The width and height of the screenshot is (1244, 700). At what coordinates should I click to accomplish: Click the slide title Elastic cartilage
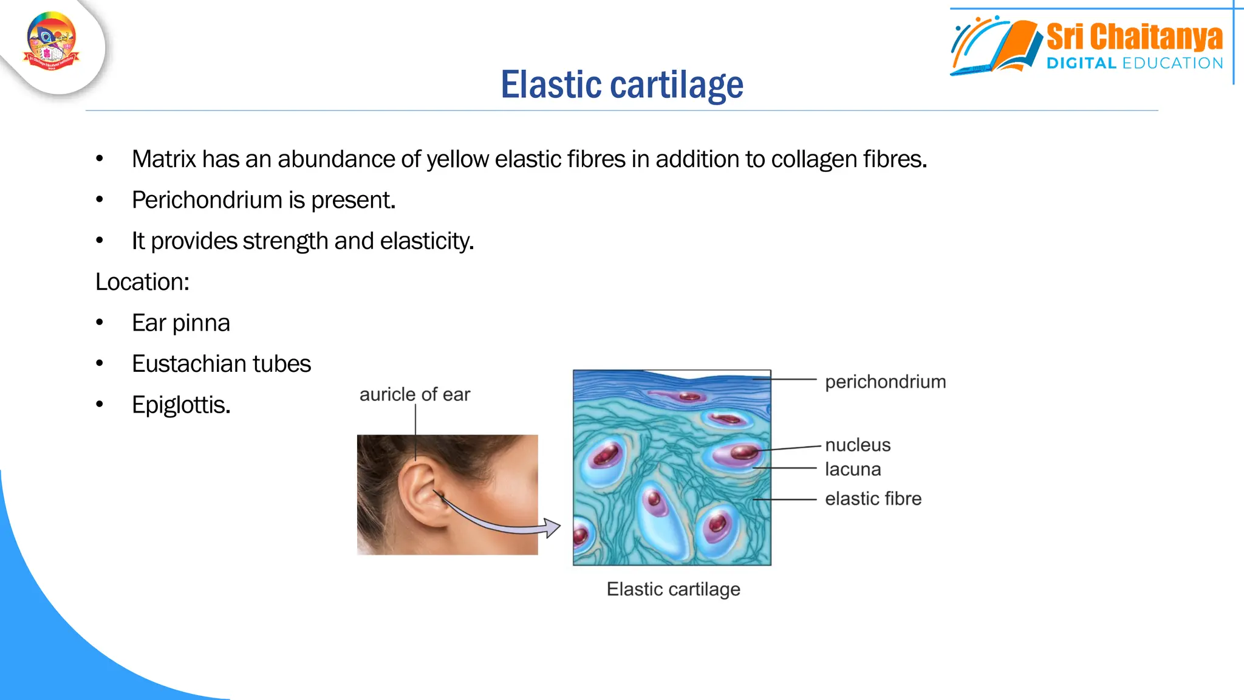pyautogui.click(x=621, y=84)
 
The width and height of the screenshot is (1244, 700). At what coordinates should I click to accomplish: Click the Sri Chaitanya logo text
pyautogui.click(x=1134, y=38)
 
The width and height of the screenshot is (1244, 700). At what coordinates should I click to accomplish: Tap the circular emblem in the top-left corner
pyautogui.click(x=52, y=41)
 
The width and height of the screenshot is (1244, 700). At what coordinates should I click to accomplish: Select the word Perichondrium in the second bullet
pyautogui.click(x=207, y=200)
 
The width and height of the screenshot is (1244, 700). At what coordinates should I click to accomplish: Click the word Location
pyautogui.click(x=142, y=282)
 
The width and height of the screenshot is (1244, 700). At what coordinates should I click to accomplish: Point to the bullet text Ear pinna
pyautogui.click(x=181, y=323)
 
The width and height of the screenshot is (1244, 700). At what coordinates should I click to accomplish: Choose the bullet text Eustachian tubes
pyautogui.click(x=221, y=364)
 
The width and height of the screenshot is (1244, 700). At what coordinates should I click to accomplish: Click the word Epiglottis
pyautogui.click(x=181, y=405)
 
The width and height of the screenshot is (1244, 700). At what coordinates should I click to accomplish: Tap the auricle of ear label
pyautogui.click(x=415, y=394)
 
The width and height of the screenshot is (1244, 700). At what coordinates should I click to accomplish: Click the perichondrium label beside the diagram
pyautogui.click(x=885, y=382)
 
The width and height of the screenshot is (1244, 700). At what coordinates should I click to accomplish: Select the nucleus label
pyautogui.click(x=858, y=445)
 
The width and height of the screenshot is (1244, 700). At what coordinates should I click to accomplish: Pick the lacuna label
pyautogui.click(x=853, y=469)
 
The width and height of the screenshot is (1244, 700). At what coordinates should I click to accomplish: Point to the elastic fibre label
pyautogui.click(x=873, y=499)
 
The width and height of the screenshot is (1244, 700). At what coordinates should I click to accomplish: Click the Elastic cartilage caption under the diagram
pyautogui.click(x=673, y=589)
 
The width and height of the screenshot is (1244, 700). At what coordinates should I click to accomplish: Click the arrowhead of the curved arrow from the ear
pyautogui.click(x=552, y=527)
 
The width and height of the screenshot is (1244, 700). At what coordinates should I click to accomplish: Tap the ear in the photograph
pyautogui.click(x=419, y=492)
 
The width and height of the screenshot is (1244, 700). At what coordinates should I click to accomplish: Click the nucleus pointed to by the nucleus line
pyautogui.click(x=743, y=452)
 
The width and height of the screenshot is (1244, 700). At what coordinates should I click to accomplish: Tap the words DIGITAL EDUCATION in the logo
pyautogui.click(x=1134, y=63)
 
